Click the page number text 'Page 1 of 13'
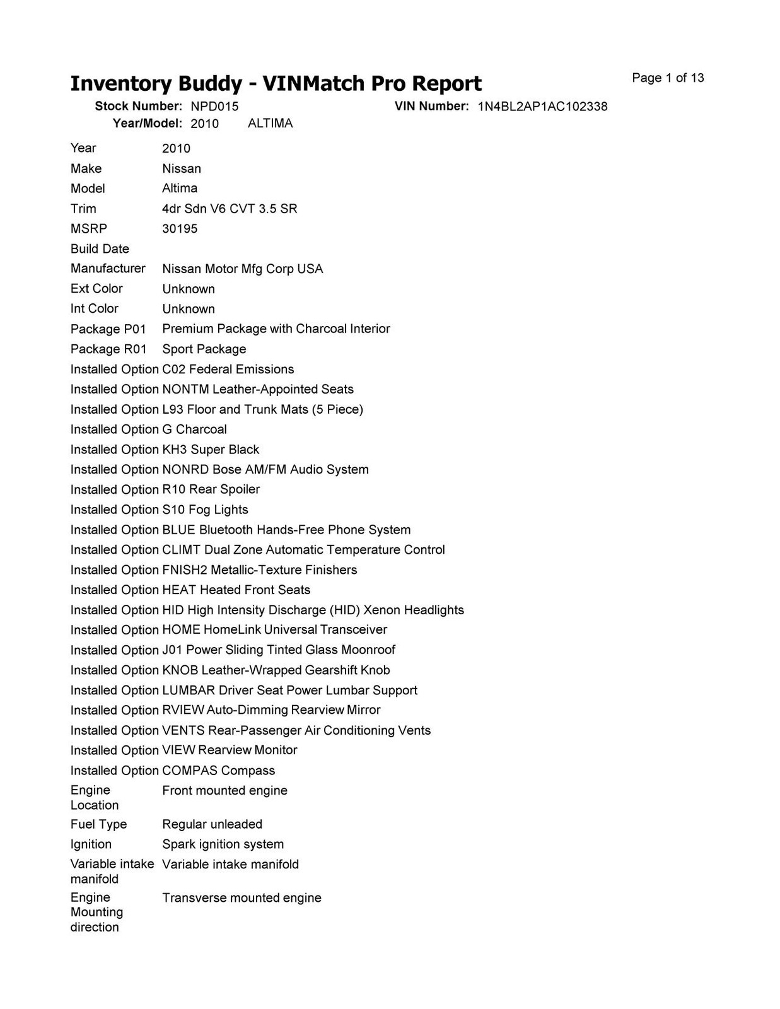tap(668, 78)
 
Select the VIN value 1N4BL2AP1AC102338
tap(542, 107)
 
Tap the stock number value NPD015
tap(214, 107)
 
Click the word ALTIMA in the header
tap(270, 124)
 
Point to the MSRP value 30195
tap(180, 229)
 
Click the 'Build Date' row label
tap(100, 249)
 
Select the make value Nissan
tap(182, 168)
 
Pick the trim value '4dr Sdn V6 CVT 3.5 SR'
tap(230, 209)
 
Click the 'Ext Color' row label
tap(96, 289)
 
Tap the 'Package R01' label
tap(108, 349)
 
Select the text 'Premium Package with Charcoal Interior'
tap(276, 329)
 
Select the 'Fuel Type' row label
tap(98, 824)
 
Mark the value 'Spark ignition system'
tap(223, 844)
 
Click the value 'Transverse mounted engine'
tap(242, 898)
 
